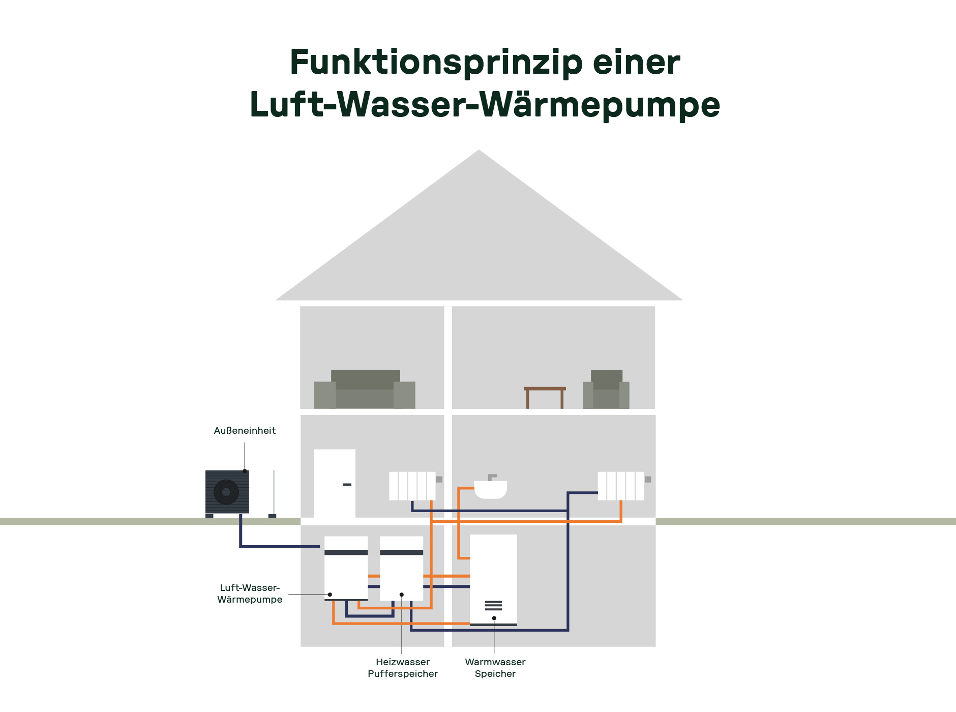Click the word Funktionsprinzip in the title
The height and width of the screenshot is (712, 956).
point(436,63)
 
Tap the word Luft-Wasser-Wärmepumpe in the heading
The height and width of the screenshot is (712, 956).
point(485,105)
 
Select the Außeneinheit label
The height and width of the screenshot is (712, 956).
point(245,431)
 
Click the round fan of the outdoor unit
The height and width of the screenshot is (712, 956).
point(226,492)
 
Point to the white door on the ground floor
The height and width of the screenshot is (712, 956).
point(334,483)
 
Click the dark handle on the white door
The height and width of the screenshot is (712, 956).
point(347,485)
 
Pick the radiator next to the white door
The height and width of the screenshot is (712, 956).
point(412,486)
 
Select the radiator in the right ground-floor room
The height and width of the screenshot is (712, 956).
point(620,486)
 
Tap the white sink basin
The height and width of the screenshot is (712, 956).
point(490,490)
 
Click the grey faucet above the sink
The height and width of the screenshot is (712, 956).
point(492,477)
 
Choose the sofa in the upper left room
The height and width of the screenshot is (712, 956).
point(365,390)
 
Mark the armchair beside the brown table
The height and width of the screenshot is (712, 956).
point(606,390)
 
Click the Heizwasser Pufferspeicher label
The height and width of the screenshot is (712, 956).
point(402,668)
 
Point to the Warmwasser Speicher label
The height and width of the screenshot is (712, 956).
point(495,668)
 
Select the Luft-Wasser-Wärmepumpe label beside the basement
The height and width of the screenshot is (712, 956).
point(249,594)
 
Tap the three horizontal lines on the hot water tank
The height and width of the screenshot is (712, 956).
point(493,605)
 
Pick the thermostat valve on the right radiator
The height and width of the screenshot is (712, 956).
point(648,479)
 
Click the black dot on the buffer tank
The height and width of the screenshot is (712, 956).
point(402,595)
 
